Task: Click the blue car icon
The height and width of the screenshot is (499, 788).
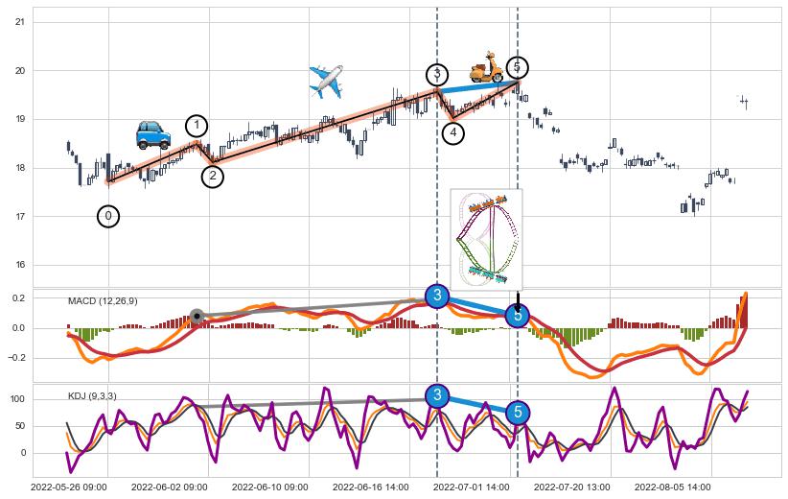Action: [x=153, y=134]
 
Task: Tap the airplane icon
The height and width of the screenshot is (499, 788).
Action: [x=327, y=82]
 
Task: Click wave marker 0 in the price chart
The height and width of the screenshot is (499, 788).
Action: [x=108, y=217]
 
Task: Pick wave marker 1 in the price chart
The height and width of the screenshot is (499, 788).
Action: [x=197, y=126]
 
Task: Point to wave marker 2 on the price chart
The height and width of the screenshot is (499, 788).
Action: [x=213, y=177]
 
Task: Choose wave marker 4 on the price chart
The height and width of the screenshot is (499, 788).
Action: [x=453, y=133]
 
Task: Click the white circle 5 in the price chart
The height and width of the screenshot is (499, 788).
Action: [x=517, y=67]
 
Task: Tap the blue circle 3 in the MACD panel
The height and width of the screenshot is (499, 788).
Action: [x=437, y=296]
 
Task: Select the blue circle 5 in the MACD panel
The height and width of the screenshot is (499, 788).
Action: [x=518, y=315]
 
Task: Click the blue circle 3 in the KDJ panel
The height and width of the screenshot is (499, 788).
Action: [x=437, y=395]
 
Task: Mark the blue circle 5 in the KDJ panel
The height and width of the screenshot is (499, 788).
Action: [x=518, y=413]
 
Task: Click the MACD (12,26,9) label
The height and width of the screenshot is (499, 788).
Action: [x=103, y=301]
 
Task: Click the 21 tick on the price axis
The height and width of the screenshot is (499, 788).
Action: [x=20, y=21]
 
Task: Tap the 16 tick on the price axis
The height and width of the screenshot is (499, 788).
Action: [x=20, y=265]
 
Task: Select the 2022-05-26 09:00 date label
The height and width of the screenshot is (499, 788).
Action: [x=69, y=487]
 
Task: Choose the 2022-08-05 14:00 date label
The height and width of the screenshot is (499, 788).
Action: [x=673, y=487]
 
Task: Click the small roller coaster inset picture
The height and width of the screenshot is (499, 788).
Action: [x=486, y=238]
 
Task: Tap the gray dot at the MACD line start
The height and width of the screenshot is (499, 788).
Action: [x=197, y=316]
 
